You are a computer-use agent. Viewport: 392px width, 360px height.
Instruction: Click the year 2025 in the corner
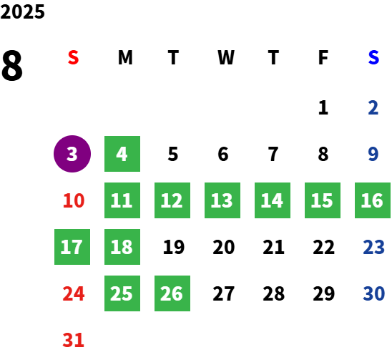[22, 11]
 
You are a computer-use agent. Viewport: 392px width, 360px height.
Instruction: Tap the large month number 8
[12, 65]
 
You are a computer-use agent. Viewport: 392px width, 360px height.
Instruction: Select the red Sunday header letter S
[73, 57]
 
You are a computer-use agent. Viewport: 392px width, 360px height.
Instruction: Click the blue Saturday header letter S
[373, 57]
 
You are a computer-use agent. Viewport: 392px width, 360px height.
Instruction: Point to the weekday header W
[226, 57]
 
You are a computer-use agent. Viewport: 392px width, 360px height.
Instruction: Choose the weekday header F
[323, 57]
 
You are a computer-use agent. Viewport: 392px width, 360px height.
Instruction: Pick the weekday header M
[125, 57]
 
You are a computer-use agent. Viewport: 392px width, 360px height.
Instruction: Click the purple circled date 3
[72, 154]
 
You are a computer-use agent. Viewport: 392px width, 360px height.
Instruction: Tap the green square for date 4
[122, 154]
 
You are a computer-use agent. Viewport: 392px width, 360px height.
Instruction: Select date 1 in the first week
[323, 107]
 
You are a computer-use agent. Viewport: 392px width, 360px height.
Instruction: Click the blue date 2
[373, 107]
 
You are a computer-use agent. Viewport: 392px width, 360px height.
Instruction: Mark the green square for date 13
[222, 200]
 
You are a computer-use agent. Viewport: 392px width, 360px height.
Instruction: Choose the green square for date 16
[373, 200]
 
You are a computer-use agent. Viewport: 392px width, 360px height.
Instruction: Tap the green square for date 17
[72, 247]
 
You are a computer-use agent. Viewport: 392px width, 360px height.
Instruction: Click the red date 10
[74, 200]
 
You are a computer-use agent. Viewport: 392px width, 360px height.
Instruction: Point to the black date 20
[224, 247]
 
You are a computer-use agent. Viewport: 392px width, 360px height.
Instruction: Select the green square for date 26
[172, 293]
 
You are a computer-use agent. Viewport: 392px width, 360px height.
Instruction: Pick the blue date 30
[373, 293]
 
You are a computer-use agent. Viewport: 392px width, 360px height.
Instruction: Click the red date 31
[73, 340]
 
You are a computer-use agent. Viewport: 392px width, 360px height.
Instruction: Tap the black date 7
[273, 154]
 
